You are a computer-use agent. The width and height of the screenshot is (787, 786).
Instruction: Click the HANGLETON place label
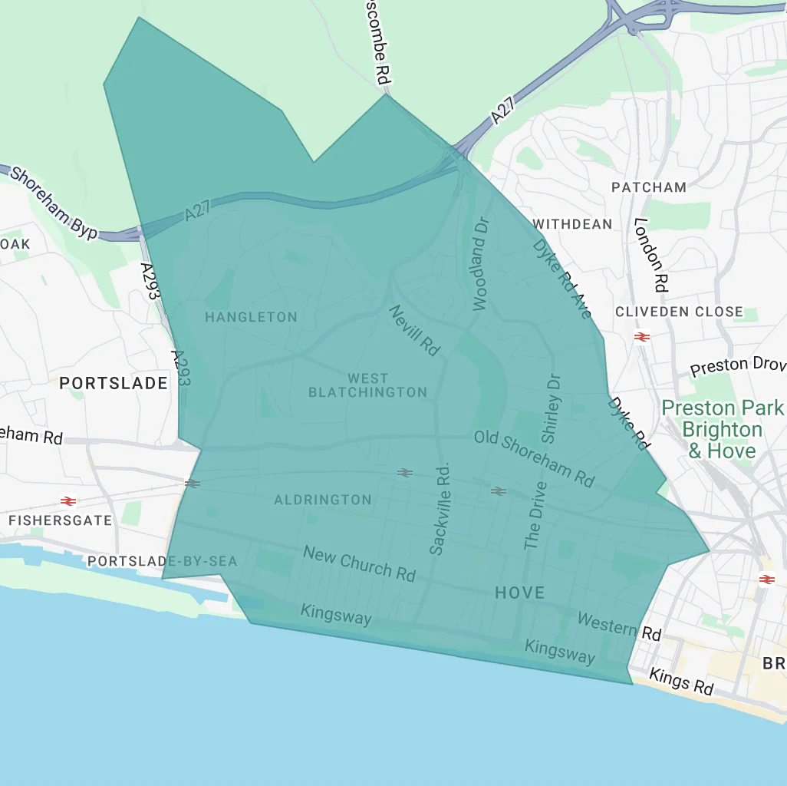(251, 317)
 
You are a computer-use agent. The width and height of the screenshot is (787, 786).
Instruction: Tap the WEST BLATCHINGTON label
(367, 385)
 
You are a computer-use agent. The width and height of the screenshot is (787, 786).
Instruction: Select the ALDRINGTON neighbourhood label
(323, 500)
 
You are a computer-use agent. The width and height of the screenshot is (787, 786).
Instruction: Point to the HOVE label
(519, 593)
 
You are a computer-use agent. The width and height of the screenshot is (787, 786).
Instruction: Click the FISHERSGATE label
(60, 520)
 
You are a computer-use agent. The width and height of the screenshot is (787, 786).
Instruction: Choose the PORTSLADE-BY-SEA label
(163, 561)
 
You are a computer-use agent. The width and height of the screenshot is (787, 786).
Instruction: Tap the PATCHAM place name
(649, 187)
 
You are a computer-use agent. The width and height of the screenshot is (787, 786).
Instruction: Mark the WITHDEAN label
(573, 224)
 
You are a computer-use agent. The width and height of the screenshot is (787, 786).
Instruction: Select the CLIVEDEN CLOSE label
(679, 312)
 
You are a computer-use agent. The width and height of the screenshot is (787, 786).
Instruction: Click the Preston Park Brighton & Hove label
(723, 428)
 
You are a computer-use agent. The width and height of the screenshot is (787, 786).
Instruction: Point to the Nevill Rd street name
(414, 330)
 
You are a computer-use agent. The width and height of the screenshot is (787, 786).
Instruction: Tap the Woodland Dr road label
(480, 263)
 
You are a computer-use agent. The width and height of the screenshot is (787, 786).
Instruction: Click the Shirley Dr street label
(552, 408)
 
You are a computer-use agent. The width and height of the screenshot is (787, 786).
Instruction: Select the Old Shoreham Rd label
(534, 458)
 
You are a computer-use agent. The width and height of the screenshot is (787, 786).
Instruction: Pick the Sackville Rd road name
(439, 508)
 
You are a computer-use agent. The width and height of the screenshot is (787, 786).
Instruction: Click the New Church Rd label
(359, 563)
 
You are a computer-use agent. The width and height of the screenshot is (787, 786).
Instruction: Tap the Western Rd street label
(619, 626)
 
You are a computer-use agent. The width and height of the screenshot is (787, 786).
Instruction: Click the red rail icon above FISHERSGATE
(68, 501)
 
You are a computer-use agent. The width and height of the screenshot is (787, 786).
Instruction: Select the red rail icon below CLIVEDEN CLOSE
(642, 336)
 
